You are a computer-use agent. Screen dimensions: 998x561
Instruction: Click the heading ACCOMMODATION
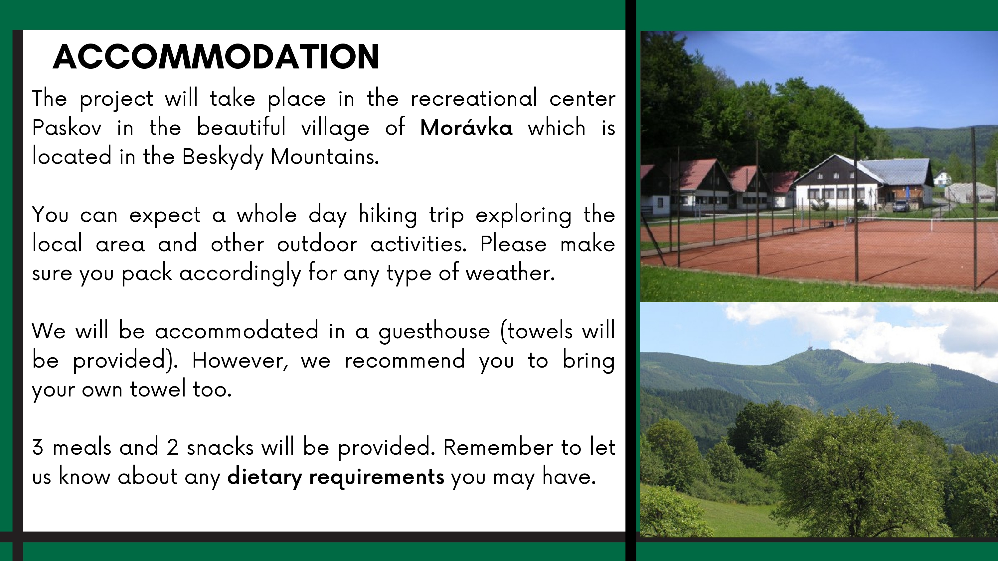click(216, 57)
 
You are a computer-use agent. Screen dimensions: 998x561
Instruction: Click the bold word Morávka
click(466, 127)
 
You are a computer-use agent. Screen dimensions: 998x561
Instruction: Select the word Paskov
click(67, 127)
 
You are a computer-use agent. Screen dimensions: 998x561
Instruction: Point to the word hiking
click(388, 215)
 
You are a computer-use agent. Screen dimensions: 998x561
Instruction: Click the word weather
click(510, 273)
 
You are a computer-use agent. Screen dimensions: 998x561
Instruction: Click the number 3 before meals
click(38, 447)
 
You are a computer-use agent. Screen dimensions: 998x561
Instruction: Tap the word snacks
click(220, 447)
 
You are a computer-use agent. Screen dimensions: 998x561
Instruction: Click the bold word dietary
click(264, 477)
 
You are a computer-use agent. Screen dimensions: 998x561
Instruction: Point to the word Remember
click(498, 447)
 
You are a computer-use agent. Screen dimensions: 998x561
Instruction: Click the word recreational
click(474, 98)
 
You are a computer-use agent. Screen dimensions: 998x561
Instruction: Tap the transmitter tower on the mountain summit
click(809, 345)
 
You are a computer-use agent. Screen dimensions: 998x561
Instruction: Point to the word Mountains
click(325, 157)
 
